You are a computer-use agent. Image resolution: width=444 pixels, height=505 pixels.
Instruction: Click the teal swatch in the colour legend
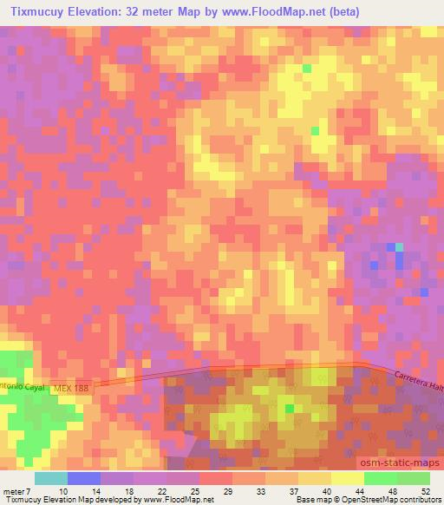(51, 478)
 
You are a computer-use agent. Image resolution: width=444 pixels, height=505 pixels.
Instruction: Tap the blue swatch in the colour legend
(83, 478)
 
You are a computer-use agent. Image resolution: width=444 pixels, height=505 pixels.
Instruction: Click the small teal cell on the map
(399, 247)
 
